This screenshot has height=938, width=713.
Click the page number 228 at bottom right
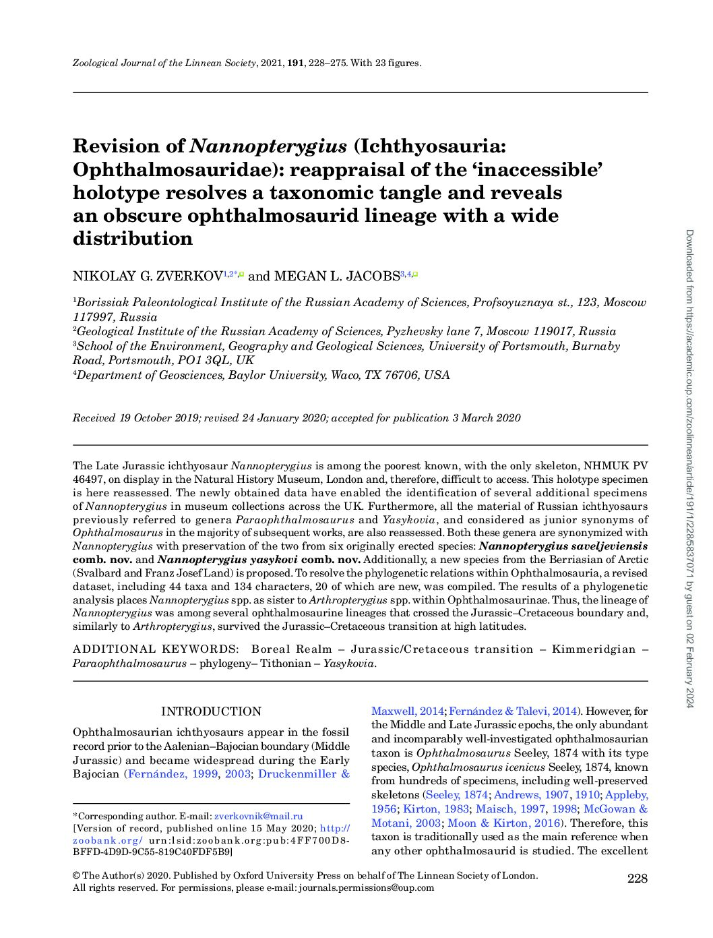(x=637, y=878)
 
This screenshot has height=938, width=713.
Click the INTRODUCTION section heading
(x=211, y=711)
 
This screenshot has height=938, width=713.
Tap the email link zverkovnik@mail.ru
(x=258, y=816)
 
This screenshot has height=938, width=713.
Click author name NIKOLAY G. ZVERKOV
(x=148, y=276)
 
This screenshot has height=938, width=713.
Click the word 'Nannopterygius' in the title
(x=269, y=146)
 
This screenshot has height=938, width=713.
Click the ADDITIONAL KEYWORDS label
(x=155, y=649)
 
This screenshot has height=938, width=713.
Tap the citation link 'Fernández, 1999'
(x=173, y=773)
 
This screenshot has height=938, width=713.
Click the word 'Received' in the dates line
(x=94, y=418)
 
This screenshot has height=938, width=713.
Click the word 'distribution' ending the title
(x=133, y=239)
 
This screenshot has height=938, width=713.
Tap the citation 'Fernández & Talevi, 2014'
(x=513, y=711)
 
